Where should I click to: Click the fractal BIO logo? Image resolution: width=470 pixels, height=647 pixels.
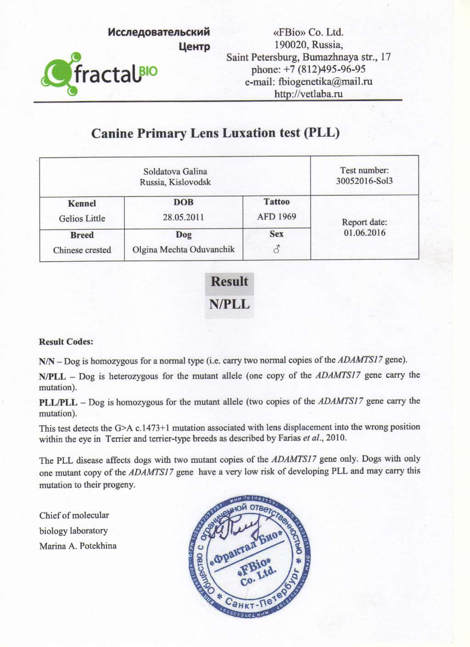click(99, 74)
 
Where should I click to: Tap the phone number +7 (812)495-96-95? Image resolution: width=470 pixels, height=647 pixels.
click(308, 69)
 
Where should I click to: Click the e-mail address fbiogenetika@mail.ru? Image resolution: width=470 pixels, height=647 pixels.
click(308, 82)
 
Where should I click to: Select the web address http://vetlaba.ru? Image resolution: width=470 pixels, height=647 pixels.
click(308, 94)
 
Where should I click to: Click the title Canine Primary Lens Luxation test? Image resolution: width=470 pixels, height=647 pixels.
click(215, 133)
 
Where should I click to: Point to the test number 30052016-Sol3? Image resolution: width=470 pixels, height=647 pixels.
click(364, 181)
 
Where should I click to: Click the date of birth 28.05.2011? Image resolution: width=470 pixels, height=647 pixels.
click(183, 217)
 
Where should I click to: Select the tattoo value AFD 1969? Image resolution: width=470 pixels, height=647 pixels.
click(276, 216)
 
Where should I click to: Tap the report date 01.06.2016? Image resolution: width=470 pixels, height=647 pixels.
click(364, 232)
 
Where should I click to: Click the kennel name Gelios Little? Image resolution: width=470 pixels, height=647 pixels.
click(82, 219)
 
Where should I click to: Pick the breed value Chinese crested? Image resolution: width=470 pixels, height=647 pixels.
click(82, 250)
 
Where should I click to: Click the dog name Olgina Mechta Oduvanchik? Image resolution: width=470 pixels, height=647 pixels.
click(183, 249)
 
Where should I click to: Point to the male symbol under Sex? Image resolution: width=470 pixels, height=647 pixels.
click(276, 249)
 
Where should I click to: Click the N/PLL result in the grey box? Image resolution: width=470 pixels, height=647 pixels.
click(229, 304)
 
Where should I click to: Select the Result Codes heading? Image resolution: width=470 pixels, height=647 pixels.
click(66, 342)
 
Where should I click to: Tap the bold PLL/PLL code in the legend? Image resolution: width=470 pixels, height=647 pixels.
click(58, 402)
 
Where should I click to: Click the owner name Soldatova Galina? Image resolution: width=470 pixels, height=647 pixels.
click(175, 172)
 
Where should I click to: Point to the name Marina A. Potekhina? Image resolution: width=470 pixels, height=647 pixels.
click(78, 546)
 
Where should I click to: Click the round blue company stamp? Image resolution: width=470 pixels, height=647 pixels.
click(249, 555)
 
